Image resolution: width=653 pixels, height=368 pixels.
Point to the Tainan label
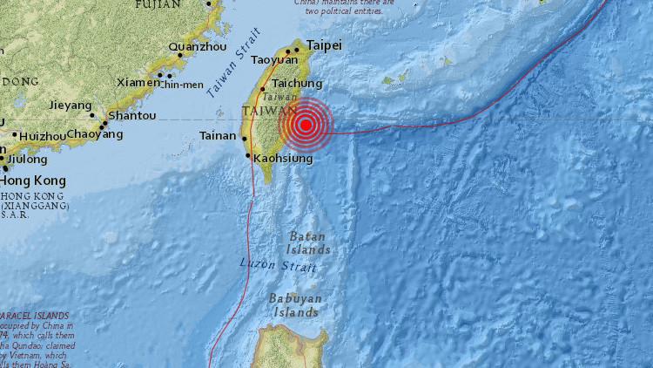click(218, 135)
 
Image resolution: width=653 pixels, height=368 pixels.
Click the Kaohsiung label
click(284, 158)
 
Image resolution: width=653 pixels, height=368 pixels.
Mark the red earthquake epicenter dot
click(305, 125)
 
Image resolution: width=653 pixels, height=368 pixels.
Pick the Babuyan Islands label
click(297, 305)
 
